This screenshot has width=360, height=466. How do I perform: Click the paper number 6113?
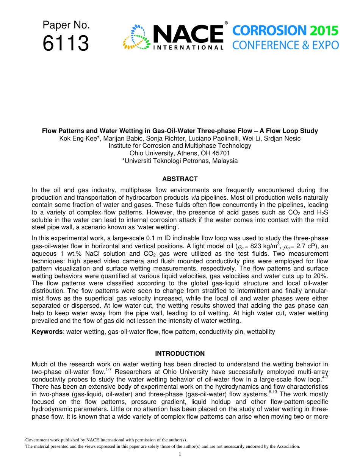point(66,43)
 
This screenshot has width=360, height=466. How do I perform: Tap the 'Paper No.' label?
point(66,25)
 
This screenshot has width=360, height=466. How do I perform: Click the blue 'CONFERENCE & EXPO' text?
point(285,45)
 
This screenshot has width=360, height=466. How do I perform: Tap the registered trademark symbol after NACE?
point(226,23)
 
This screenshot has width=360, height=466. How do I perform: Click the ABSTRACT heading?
point(180,179)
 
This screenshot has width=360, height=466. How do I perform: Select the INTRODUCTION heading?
point(180,353)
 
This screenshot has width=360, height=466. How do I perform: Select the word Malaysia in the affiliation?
point(224,161)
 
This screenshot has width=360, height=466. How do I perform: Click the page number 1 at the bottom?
point(180,454)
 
